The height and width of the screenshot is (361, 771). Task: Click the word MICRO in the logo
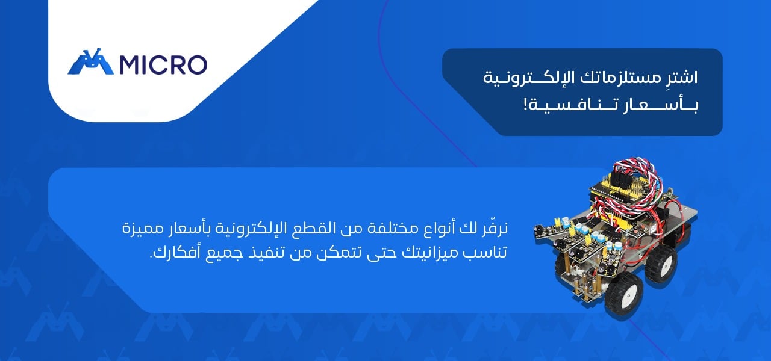tap(163, 64)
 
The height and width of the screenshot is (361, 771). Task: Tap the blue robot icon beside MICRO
tap(90, 61)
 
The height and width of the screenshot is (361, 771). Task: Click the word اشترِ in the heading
tap(681, 78)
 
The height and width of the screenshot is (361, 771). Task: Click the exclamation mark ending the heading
tap(525, 104)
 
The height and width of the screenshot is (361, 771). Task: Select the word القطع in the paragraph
tap(305, 228)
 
